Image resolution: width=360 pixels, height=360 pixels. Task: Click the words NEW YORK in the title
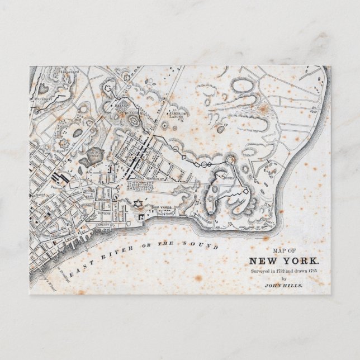tap(285, 261)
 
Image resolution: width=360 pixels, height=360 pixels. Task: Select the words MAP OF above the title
tap(284, 251)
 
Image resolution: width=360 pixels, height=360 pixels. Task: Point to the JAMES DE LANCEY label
tap(178, 113)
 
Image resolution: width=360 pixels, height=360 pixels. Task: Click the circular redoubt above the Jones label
tap(229, 161)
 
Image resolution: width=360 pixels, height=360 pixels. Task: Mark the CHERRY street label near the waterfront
tap(103, 224)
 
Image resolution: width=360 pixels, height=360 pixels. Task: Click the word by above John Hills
tap(284, 278)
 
